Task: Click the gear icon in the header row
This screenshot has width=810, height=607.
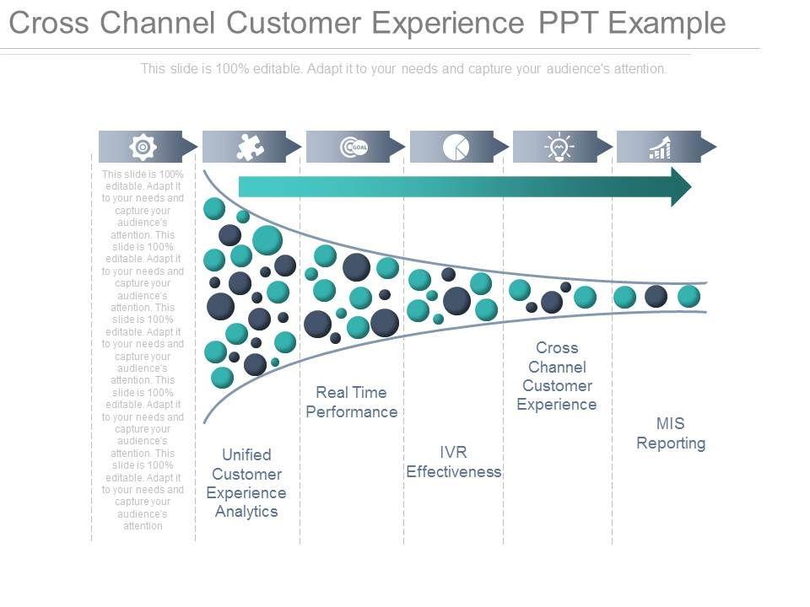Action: point(143,147)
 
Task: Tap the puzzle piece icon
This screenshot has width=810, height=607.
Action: point(250,147)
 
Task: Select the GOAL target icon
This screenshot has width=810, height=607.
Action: point(354,147)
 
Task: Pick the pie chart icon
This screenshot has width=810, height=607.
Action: point(456,147)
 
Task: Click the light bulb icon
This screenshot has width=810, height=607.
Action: point(559,147)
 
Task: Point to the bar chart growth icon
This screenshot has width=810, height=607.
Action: point(660,148)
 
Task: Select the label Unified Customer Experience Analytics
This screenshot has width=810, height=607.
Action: point(246,483)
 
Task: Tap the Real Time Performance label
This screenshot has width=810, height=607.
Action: point(351,402)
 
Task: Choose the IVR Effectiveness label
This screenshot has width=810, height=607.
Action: point(454,462)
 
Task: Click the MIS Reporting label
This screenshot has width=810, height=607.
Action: point(671,433)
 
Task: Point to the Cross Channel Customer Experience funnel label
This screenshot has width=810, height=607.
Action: point(557,376)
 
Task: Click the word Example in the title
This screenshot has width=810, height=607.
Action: point(667,24)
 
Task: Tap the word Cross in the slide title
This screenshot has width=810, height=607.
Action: point(49,23)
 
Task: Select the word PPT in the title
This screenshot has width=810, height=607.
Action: point(568,23)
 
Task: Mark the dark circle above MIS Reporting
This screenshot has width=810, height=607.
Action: point(656,296)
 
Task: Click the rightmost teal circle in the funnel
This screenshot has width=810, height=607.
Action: point(688,297)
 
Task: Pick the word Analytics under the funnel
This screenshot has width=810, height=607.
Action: point(246,512)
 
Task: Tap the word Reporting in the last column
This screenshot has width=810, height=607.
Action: point(671,443)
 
